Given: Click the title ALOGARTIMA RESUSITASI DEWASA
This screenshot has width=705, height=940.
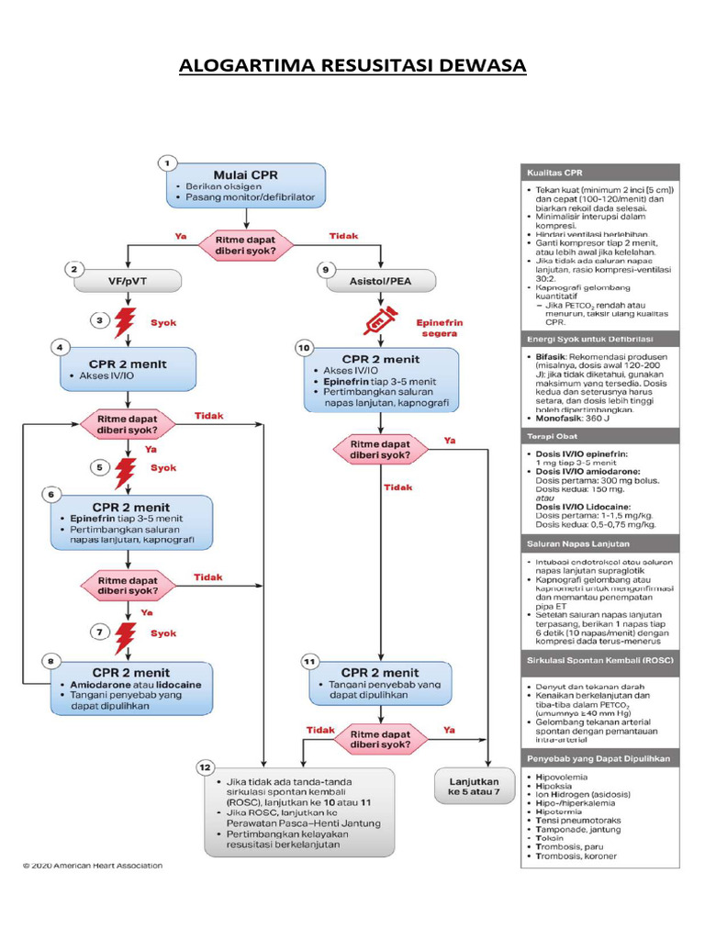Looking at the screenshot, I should pos(352,66).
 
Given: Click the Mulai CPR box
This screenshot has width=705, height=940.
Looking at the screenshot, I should pos(245,184).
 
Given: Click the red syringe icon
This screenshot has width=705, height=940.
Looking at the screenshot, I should pos(379,319).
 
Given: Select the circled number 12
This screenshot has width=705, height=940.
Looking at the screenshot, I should pos(205,767).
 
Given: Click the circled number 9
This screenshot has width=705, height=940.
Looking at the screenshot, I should pos(323,269).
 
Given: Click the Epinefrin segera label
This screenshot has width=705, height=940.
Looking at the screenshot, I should pos(441,330).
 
